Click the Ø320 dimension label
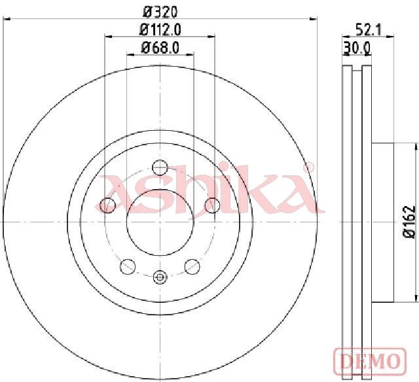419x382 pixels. (x=160, y=12)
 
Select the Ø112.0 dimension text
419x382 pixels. (x=160, y=29)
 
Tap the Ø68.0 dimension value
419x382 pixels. (x=160, y=48)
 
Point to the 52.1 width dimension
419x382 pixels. (x=369, y=29)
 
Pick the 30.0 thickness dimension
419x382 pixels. (x=357, y=48)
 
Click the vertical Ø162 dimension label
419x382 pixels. (x=409, y=222)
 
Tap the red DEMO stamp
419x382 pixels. (x=370, y=361)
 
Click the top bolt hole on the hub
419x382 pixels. (x=160, y=167)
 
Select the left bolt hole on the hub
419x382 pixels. (x=107, y=205)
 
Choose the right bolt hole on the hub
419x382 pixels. (x=212, y=205)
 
